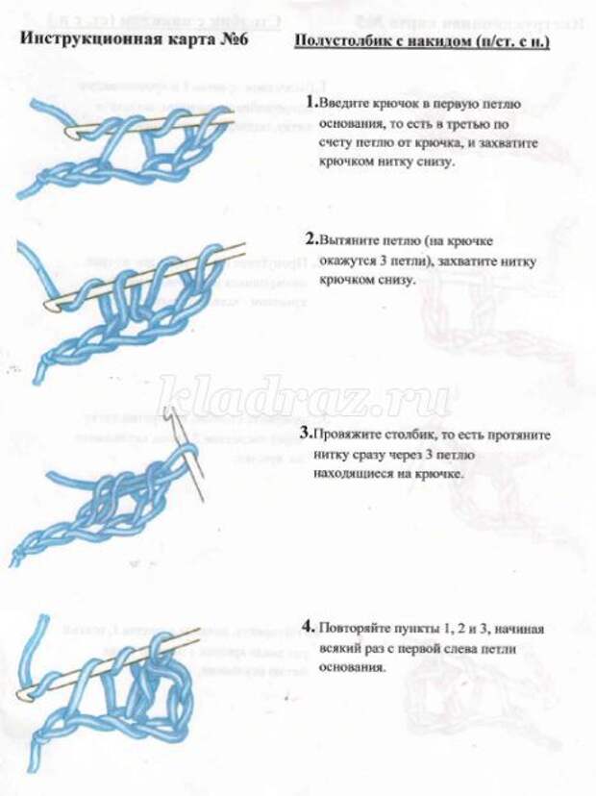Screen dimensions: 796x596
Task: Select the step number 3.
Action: pyautogui.click(x=306, y=435)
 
